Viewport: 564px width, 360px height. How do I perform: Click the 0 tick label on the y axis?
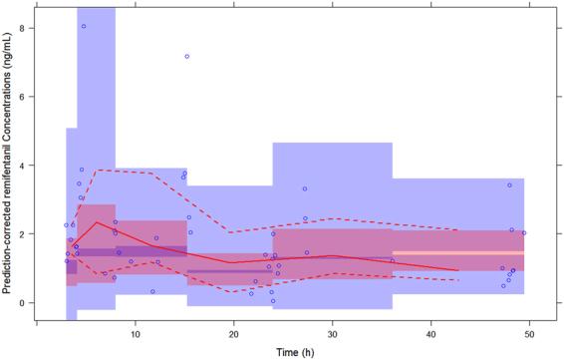pyautogui.click(x=20, y=302)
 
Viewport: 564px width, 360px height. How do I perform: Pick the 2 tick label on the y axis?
pyautogui.click(x=20, y=233)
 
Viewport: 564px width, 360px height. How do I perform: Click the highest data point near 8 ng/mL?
pyautogui.click(x=84, y=26)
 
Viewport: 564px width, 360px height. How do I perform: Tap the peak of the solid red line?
pyautogui.click(x=97, y=222)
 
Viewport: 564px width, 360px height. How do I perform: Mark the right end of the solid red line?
pyautogui.click(x=458, y=270)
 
